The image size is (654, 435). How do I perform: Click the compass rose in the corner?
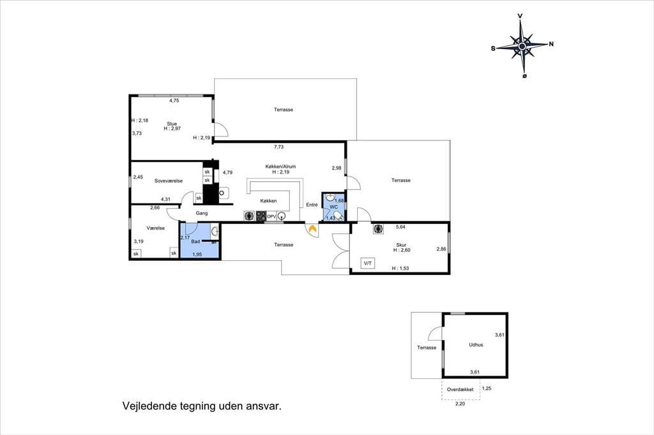point(522,46)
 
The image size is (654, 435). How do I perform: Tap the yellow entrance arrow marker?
point(312,228)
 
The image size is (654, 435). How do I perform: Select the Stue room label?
point(172,124)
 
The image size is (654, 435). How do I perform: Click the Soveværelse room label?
point(169,181)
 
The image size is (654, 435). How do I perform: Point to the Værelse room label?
point(156,228)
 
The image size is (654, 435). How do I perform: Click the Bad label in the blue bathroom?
point(195,242)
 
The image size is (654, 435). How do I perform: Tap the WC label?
point(333,207)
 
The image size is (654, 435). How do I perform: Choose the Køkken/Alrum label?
point(280,166)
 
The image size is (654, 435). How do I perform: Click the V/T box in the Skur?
point(368,263)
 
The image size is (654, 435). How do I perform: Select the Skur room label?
point(401,245)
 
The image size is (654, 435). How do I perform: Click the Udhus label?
point(476,345)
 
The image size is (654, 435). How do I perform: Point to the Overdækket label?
point(460,390)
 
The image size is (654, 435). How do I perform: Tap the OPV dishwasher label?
point(271,217)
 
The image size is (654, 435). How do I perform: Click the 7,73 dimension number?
point(278,147)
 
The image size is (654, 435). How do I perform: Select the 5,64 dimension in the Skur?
point(400,227)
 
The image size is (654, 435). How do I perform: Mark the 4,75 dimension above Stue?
point(174,100)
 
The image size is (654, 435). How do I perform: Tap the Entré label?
point(312,205)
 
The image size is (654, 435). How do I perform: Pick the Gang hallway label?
point(201,213)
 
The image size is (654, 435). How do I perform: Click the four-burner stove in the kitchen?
point(261,216)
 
